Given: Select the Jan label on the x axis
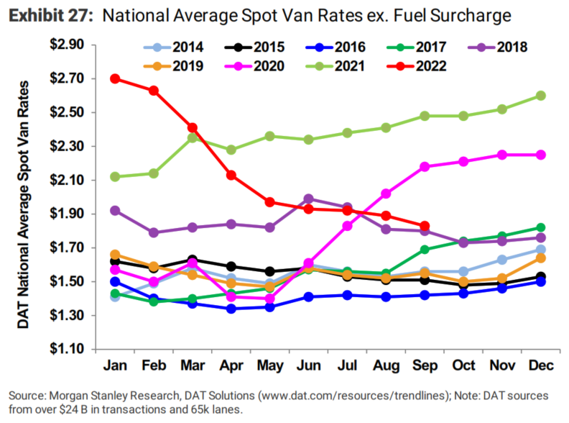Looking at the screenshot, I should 114,367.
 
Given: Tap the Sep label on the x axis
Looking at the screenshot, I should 425,367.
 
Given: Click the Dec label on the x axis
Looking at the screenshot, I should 541,367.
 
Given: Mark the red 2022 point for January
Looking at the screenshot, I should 115,78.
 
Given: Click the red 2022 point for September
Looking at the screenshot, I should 425,226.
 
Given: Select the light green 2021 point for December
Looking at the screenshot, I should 541,96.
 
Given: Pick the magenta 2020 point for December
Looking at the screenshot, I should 541,155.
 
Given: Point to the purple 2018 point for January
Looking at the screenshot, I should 115,211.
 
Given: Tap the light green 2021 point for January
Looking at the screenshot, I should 115,177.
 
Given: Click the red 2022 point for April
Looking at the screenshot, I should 231,175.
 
